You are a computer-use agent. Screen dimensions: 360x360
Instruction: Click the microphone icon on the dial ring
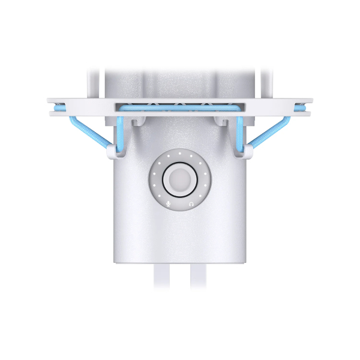[x=167, y=204]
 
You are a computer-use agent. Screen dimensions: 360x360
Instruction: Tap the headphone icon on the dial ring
[x=191, y=204]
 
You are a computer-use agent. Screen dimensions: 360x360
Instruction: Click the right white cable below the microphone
[x=198, y=277]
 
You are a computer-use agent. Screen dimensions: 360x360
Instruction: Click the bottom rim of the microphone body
[x=179, y=261]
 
